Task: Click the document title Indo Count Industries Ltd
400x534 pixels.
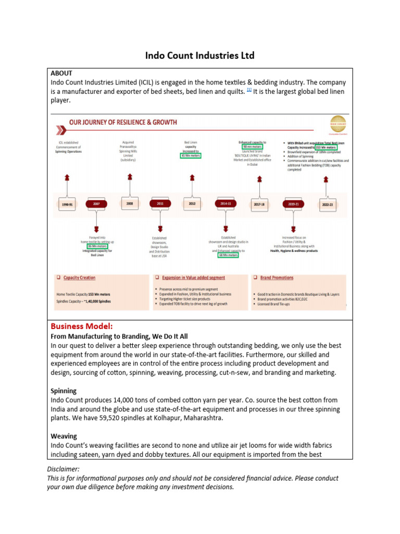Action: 199,55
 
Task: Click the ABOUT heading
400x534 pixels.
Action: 61,74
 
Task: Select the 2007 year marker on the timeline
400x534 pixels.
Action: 96,204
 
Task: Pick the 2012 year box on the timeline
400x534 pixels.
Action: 192,204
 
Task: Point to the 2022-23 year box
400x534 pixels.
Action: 326,205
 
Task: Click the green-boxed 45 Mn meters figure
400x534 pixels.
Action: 191,155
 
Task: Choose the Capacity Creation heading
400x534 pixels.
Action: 79,278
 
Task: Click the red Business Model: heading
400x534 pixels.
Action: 81,326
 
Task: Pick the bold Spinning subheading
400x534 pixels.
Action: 64,391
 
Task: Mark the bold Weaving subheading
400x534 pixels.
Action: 64,436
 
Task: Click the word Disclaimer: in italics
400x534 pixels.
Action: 63,469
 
